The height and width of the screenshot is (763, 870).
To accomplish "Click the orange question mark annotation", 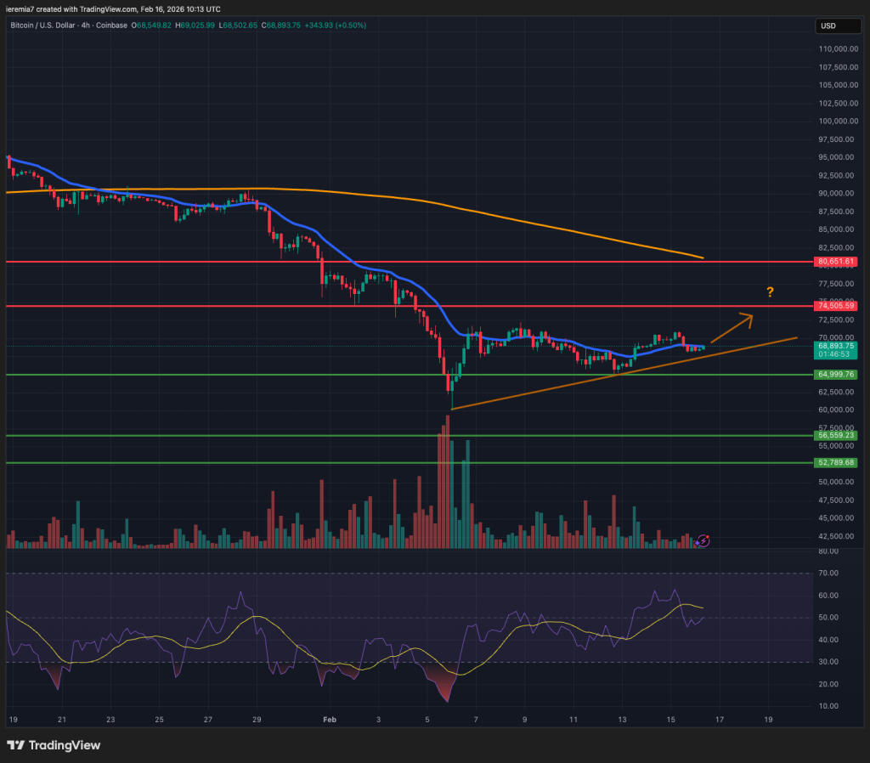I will (x=770, y=292).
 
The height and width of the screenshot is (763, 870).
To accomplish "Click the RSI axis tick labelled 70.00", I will (x=828, y=574).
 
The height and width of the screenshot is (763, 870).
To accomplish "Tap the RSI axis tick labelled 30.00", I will (x=828, y=662).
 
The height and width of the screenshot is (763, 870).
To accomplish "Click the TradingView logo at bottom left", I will (x=54, y=745).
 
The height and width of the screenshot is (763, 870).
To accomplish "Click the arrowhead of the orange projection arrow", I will (x=748, y=318).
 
